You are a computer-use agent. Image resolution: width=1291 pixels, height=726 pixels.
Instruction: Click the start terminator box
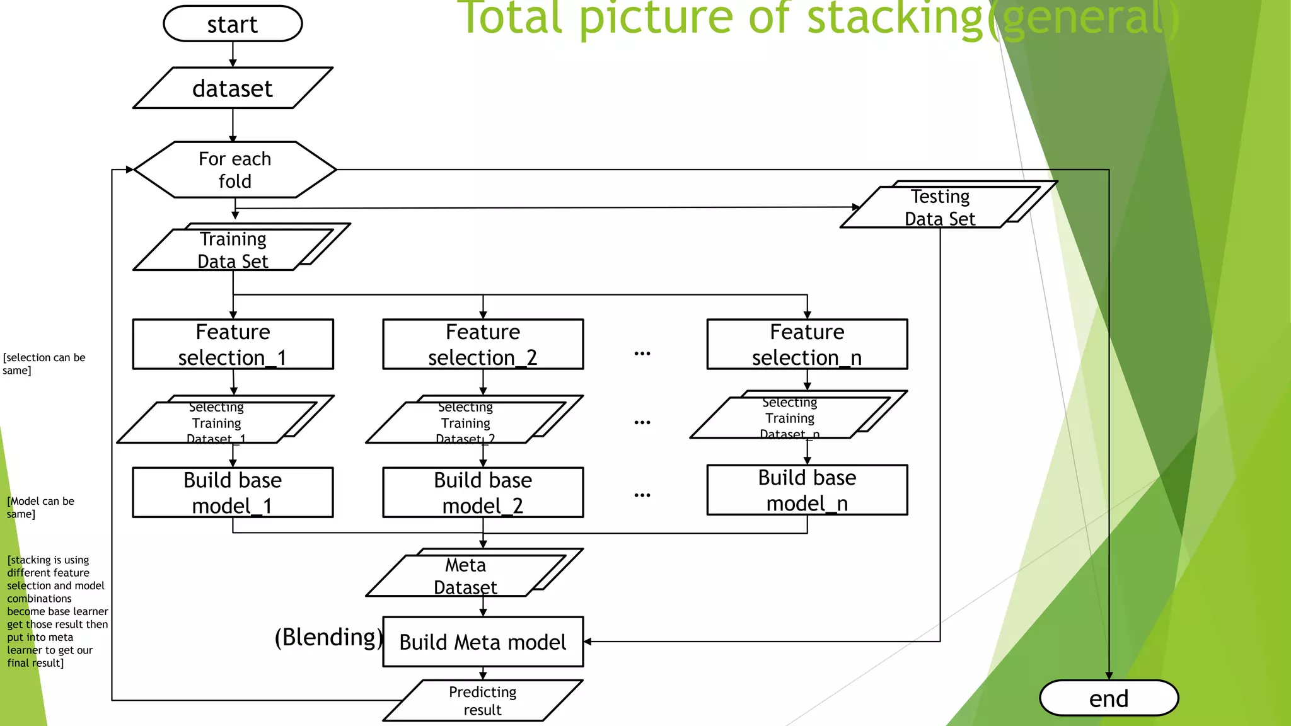pos(233,24)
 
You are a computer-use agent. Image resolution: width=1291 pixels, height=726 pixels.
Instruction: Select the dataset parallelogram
pos(233,88)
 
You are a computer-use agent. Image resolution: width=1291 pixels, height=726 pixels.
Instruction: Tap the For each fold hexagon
pos(234,170)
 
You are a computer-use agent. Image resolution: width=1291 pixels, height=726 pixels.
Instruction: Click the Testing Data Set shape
pos(940,207)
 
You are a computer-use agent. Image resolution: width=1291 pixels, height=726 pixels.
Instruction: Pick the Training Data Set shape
pos(233,250)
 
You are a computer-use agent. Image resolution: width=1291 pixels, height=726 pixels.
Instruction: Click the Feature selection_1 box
pos(233,344)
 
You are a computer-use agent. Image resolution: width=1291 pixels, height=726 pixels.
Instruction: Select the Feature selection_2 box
pos(483,344)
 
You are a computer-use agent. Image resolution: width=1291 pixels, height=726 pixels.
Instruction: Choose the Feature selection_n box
pos(807,344)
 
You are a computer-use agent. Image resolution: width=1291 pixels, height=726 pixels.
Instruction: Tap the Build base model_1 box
pos(233,492)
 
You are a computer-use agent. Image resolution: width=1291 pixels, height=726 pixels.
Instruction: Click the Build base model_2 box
pos(483,492)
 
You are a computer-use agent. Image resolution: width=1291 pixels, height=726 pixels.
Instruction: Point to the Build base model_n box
pos(807,490)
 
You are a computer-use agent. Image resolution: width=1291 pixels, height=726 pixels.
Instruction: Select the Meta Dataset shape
pos(466,575)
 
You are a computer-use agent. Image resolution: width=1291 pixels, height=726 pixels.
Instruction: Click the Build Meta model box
pos(483,642)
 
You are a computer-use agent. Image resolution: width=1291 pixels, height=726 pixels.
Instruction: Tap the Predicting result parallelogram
pos(483,700)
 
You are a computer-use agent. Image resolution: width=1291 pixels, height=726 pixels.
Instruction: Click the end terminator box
pos(1109,698)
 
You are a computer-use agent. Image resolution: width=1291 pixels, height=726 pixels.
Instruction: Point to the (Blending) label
pos(328,637)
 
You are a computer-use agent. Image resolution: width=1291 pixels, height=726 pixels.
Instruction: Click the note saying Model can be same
pos(40,507)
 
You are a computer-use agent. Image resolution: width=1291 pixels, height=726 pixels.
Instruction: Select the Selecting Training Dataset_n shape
pos(790,418)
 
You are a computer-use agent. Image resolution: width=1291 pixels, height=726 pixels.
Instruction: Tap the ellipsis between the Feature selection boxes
pos(642,354)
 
